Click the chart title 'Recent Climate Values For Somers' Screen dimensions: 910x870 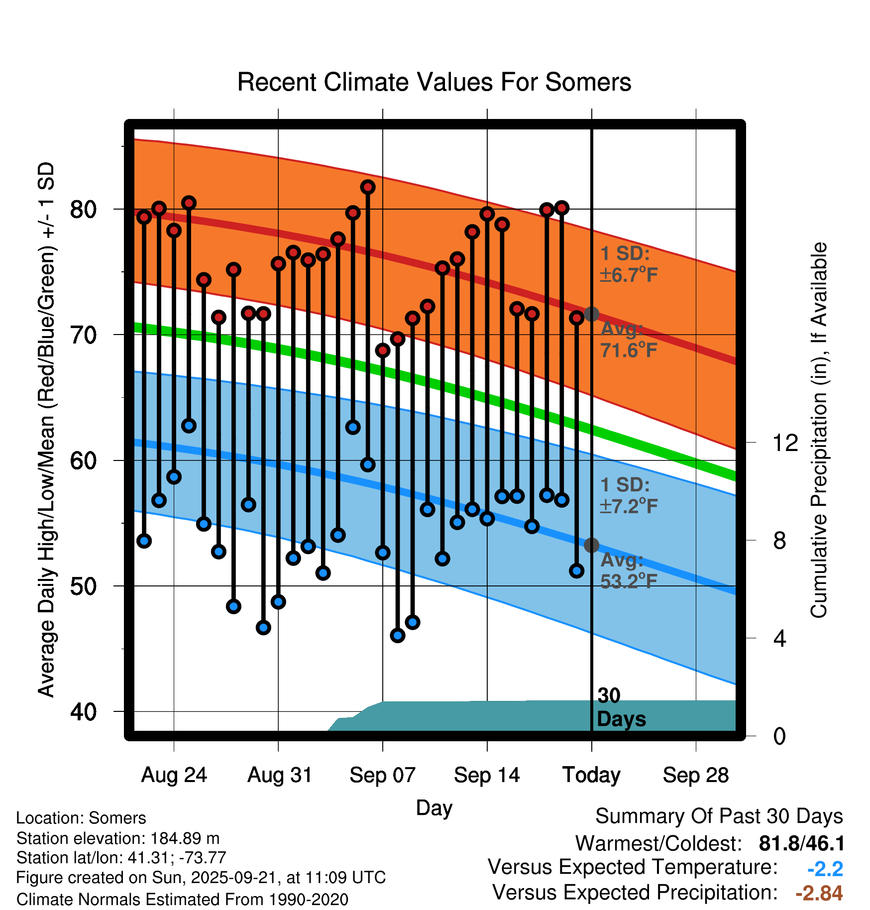tap(434, 83)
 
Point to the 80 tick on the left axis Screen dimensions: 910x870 tap(83, 210)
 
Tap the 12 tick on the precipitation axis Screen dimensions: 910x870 tap(785, 443)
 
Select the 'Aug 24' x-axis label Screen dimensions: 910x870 tap(174, 775)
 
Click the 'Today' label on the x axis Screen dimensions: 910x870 tap(591, 775)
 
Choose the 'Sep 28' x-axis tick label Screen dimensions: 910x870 tap(695, 775)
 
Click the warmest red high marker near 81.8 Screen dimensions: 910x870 tap(368, 187)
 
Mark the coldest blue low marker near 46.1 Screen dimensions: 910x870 tap(398, 635)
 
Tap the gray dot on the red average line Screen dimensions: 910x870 tap(591, 314)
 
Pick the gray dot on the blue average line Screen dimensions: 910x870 tap(591, 545)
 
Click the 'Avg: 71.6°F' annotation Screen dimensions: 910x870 tap(628, 340)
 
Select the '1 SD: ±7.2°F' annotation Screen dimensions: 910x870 tap(628, 496)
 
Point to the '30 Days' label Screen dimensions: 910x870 tap(620, 707)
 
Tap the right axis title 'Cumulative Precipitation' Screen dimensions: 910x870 tap(819, 431)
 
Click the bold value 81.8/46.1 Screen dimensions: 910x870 tap(801, 844)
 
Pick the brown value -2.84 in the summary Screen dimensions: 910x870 tap(819, 893)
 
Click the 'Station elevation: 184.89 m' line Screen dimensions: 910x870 tap(118, 838)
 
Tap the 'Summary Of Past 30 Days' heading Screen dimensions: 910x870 tap(719, 816)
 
